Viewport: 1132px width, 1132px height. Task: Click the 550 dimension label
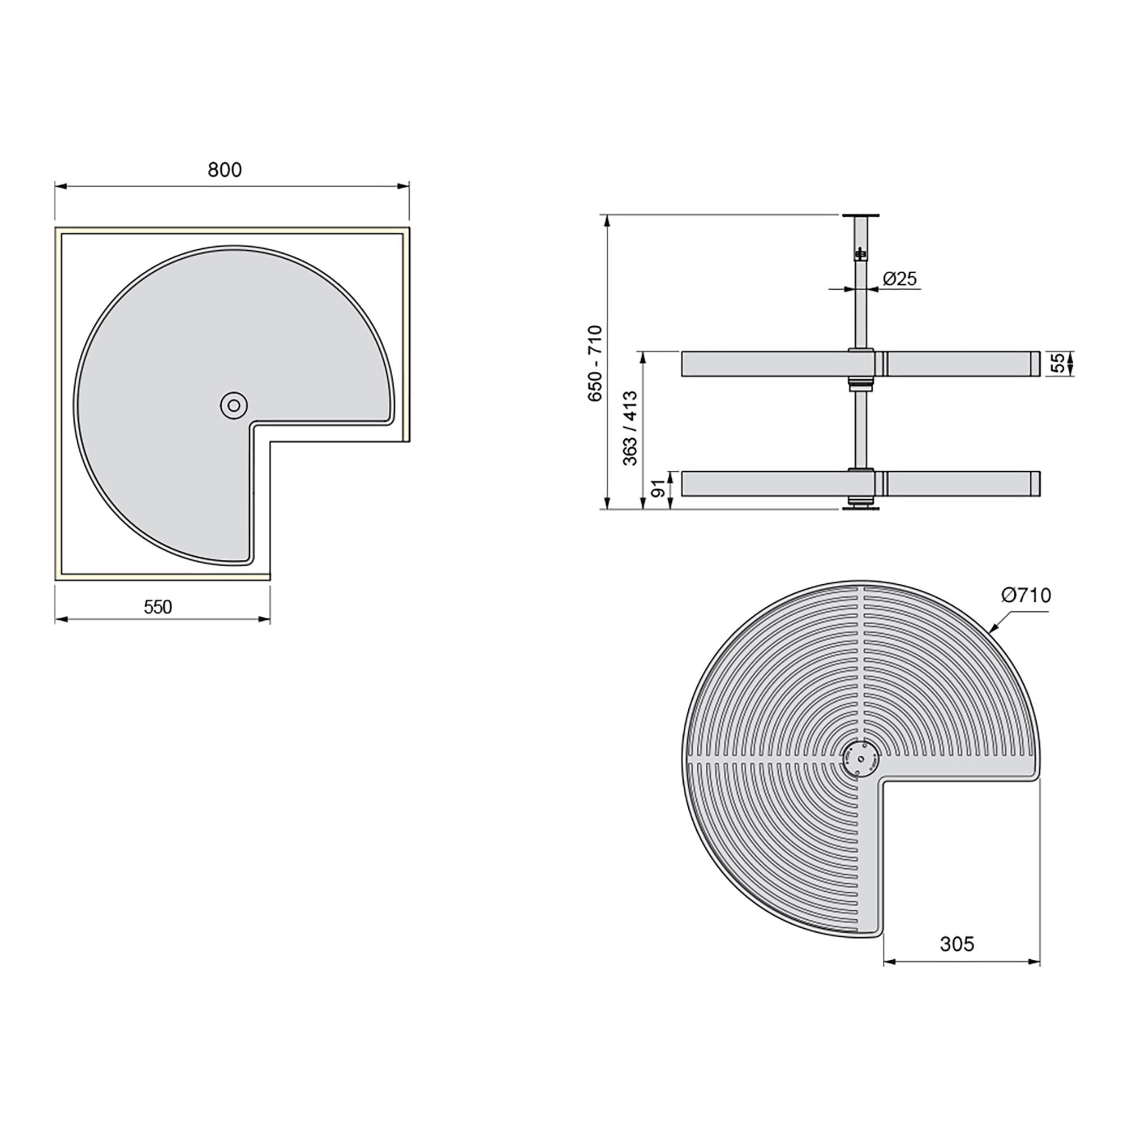[x=158, y=607]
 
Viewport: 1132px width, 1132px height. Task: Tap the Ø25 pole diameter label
[x=899, y=279]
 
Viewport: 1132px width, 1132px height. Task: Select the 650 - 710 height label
[x=595, y=363]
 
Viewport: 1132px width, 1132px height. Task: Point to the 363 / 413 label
[x=631, y=428]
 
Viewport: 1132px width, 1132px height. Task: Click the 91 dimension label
[x=660, y=488]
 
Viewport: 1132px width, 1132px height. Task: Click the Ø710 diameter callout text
[x=1026, y=595]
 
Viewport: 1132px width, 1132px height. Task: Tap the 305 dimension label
[x=957, y=944]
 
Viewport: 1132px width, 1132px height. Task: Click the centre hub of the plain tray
[x=234, y=405]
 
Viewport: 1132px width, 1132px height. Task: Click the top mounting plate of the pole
[x=861, y=216]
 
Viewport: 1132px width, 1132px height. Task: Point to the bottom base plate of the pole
[x=861, y=507]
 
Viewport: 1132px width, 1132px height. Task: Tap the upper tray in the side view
[x=762, y=363]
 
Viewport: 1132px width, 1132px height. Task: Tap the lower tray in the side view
[x=762, y=484]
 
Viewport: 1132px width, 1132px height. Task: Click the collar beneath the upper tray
[x=861, y=384]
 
